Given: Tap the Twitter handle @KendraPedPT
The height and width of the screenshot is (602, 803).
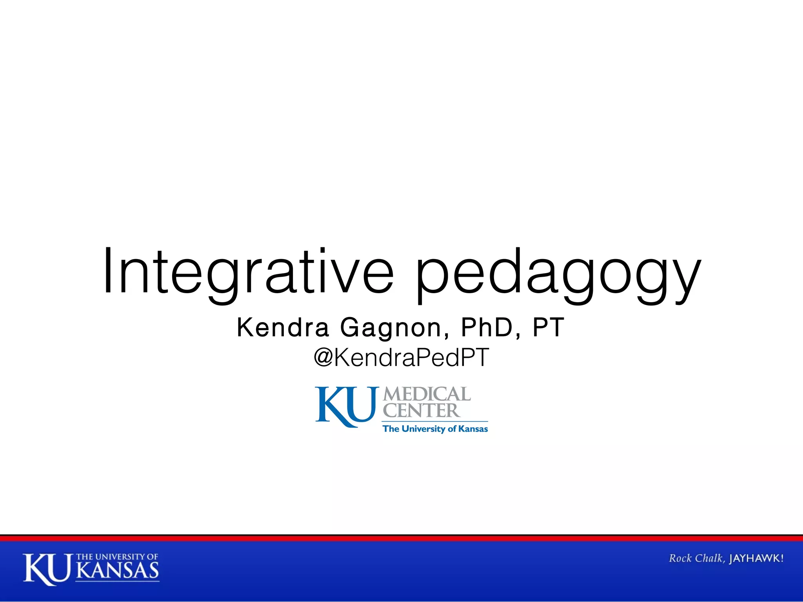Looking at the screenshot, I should pos(401,357).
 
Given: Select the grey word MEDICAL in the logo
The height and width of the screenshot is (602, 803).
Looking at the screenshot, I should pos(427,394).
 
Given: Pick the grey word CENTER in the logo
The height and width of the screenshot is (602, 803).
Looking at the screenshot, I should pos(421,410).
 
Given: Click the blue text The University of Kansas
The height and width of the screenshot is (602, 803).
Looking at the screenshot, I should pos(435,429).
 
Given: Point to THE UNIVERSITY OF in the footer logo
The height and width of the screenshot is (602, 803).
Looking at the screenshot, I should pos(117,557).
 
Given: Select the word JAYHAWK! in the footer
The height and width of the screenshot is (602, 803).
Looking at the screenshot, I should pos(756,558).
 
